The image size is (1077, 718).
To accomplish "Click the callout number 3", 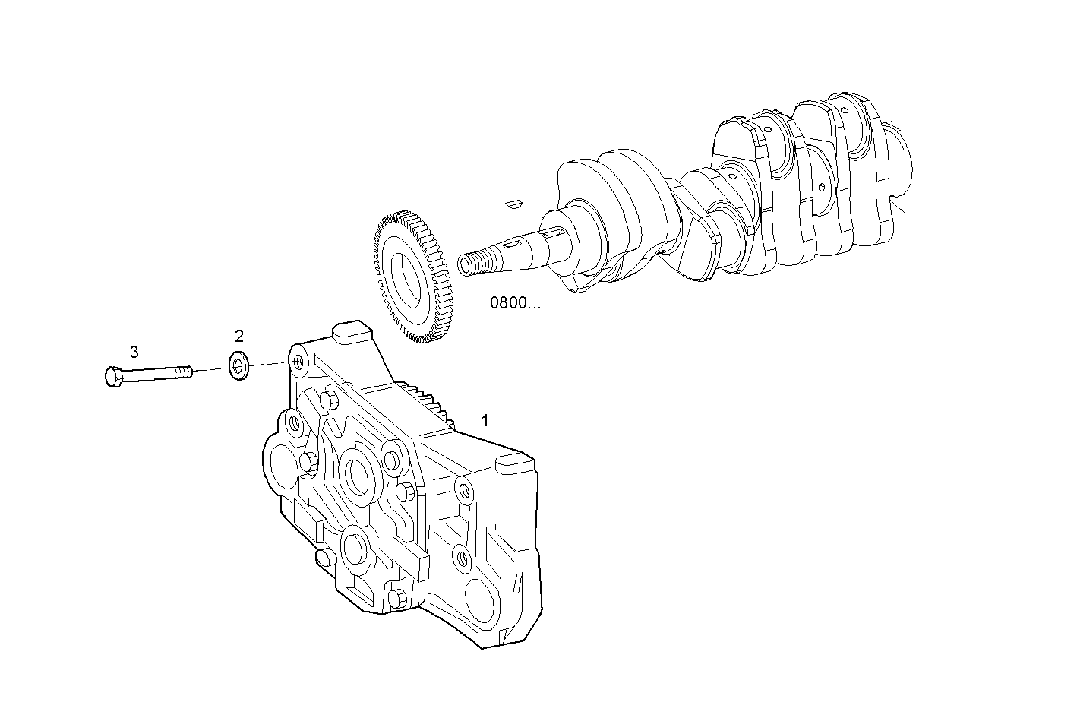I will coord(134,352).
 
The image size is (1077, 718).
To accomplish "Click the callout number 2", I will coord(239,336).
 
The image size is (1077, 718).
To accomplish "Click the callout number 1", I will coord(485,420).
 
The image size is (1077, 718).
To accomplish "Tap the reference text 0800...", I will coord(515,304).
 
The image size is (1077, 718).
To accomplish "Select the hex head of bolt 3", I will coord(112,376).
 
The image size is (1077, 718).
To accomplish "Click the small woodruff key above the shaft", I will coord(513,203).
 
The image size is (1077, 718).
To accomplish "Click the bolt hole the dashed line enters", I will coord(298,362).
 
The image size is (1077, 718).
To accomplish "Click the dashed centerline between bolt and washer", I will coord(211,370).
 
